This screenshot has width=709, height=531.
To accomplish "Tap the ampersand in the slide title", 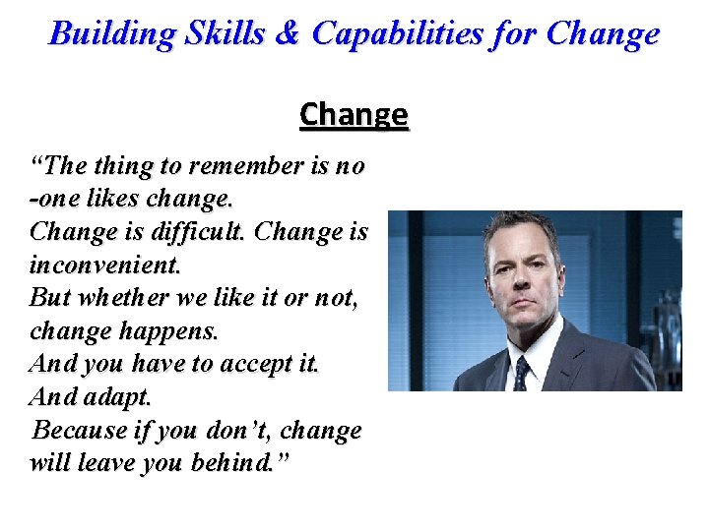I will pyautogui.click(x=289, y=34).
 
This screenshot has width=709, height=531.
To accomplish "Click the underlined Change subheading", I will pyautogui.click(x=354, y=115).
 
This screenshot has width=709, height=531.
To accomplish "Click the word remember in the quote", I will pyautogui.click(x=233, y=166).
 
